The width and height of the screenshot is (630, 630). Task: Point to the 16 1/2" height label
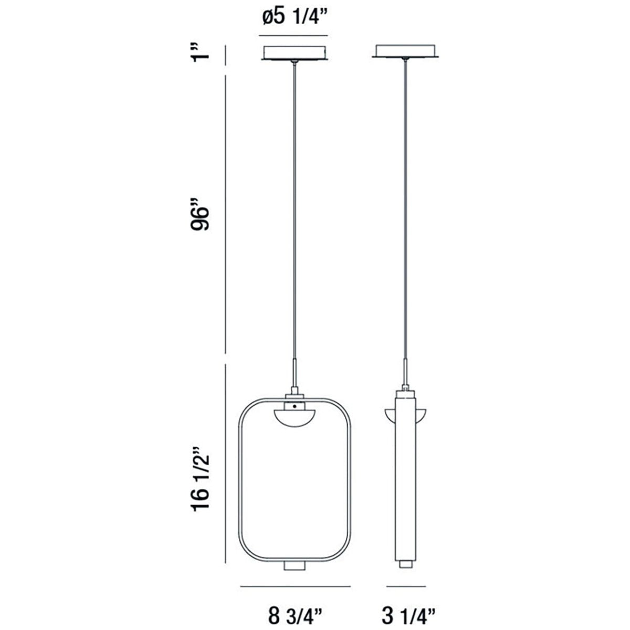tap(201, 478)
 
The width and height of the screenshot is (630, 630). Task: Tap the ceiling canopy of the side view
tap(405, 50)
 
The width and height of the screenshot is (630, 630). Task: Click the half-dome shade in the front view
tap(295, 417)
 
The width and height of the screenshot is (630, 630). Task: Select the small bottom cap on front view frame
tap(295, 565)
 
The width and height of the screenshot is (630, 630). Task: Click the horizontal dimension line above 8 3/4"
tap(296, 586)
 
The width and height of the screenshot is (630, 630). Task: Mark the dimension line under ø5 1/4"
tap(293, 36)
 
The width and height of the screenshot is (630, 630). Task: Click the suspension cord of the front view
tap(295, 210)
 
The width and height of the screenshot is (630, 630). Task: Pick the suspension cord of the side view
tap(405, 210)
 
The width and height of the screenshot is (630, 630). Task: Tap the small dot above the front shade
tap(295, 406)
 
